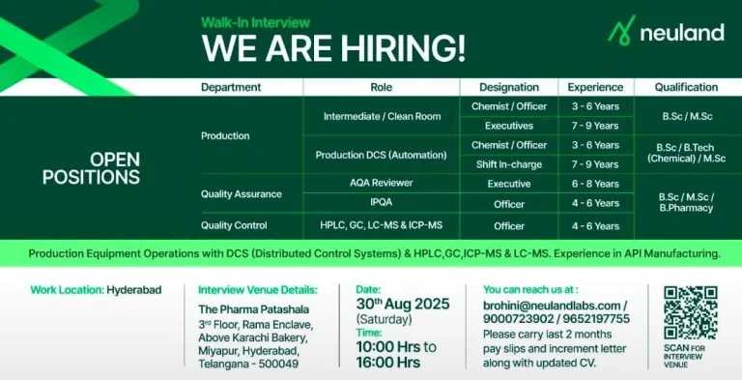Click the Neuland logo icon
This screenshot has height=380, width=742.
point(621,30)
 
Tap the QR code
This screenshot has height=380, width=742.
point(691,312)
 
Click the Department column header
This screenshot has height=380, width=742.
point(231,87)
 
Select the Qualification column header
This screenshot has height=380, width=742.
point(686,87)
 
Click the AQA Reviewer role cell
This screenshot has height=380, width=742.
point(381,183)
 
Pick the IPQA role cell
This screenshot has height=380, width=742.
point(381,203)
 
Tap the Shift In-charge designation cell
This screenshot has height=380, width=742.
point(509,164)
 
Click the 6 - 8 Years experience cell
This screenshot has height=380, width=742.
point(595,184)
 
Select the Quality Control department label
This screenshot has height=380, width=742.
point(234,225)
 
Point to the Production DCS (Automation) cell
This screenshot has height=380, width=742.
point(381,155)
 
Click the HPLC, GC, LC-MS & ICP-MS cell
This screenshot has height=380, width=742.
point(381,225)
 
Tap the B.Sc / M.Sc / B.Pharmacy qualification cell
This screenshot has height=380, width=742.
point(686,202)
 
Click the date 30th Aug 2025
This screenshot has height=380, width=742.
point(403,304)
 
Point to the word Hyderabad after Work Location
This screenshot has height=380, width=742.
point(134,289)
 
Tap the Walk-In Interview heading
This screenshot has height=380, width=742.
point(255,22)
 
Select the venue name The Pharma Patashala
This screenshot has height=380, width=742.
point(254,309)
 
